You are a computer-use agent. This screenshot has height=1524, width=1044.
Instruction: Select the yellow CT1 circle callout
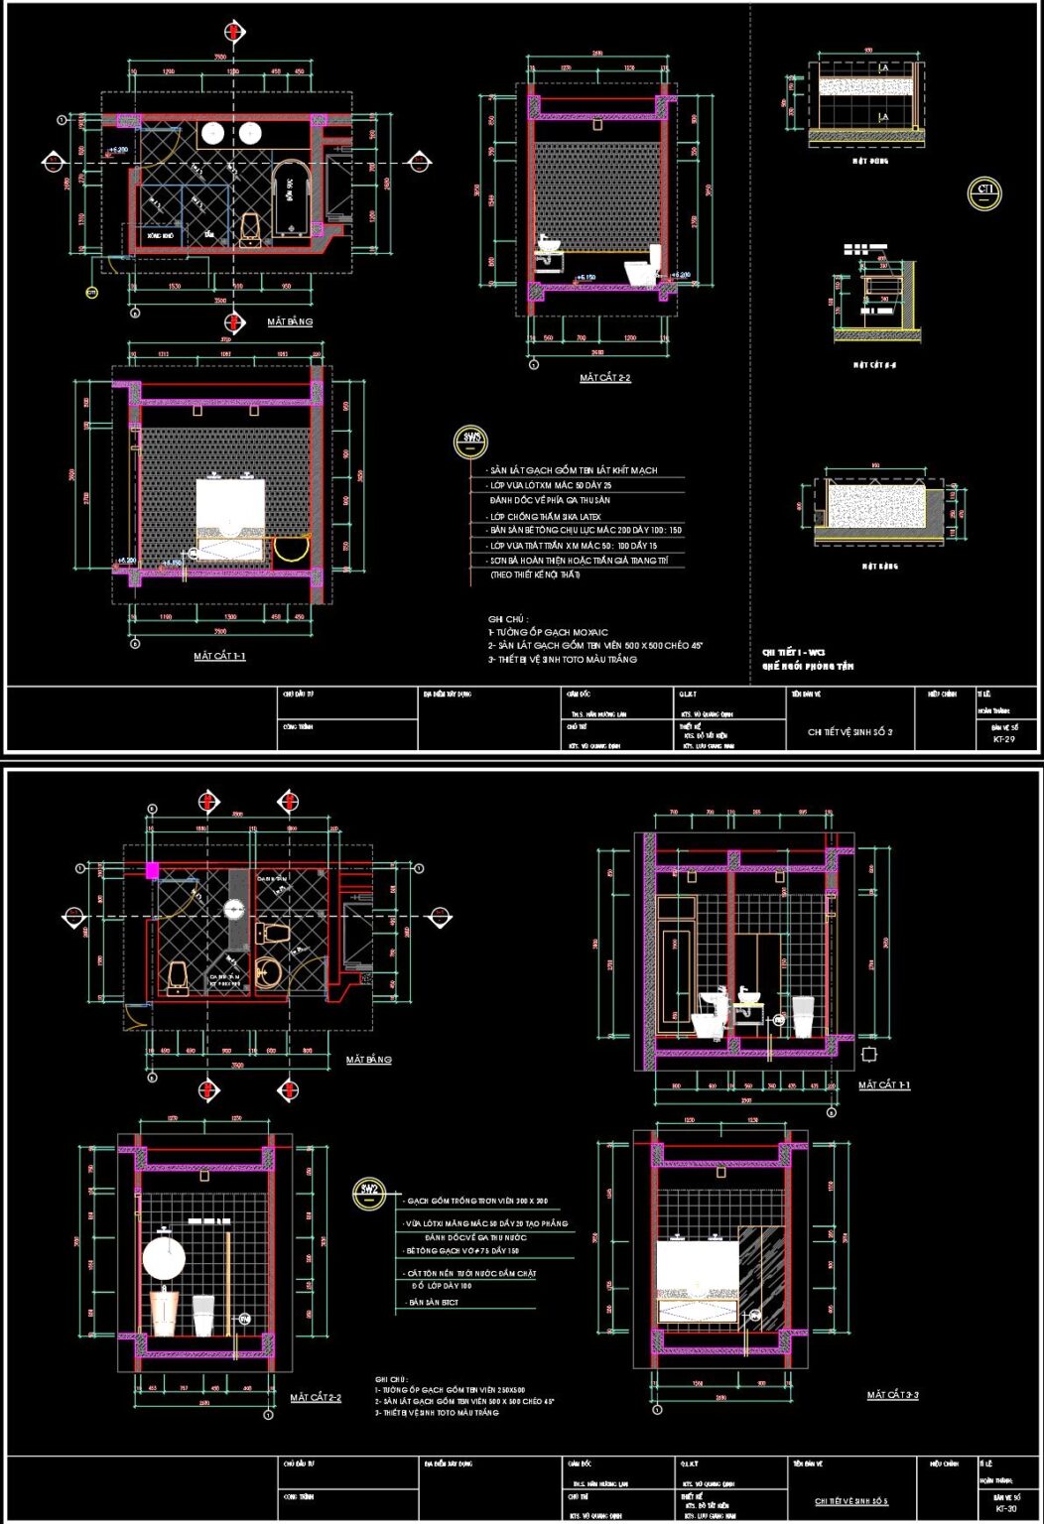984,192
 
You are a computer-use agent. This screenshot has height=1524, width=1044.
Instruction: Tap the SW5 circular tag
469,440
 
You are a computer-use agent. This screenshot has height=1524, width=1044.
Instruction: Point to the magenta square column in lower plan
152,870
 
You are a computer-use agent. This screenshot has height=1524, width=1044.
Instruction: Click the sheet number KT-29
1003,739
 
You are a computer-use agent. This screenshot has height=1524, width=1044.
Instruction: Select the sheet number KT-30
1005,1508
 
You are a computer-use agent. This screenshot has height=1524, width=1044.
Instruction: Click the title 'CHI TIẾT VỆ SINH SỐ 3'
849,731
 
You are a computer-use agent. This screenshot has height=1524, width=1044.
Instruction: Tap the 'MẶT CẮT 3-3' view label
892,1395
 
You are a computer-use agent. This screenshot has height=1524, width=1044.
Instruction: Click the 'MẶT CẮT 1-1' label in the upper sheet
219,657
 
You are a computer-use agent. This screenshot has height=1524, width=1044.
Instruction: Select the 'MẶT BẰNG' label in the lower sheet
368,1060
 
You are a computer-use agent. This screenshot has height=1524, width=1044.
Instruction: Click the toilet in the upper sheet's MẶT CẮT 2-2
641,266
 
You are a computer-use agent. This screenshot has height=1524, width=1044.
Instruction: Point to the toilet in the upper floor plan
251,229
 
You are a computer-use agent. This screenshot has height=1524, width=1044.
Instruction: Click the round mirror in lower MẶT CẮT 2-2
164,1258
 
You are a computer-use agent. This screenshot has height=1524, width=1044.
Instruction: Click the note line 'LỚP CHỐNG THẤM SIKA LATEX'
545,517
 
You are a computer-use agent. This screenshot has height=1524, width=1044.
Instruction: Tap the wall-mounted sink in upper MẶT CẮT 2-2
548,247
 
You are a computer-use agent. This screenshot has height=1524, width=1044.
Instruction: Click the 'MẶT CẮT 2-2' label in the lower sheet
316,1398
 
